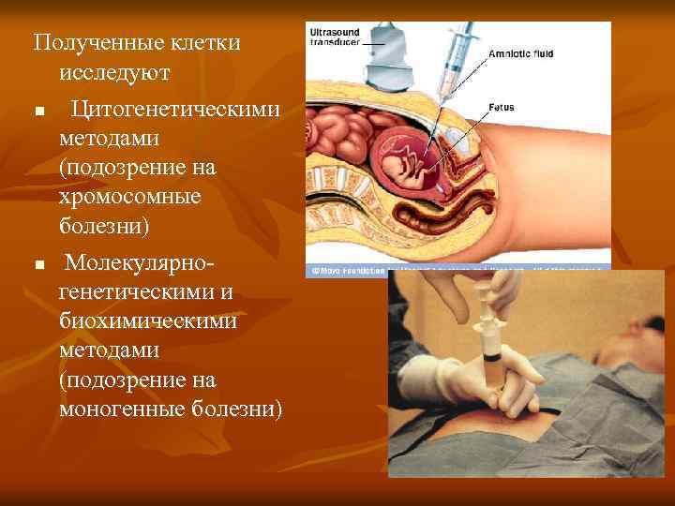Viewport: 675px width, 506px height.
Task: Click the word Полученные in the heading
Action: click(x=85, y=43)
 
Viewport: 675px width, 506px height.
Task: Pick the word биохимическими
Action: click(x=147, y=321)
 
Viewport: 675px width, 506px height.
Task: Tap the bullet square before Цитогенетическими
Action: click(x=38, y=112)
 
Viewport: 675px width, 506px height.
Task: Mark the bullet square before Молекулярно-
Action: click(x=38, y=265)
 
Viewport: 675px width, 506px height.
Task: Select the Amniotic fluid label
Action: click(x=520, y=54)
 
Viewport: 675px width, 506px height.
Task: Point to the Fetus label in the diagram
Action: click(x=501, y=108)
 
